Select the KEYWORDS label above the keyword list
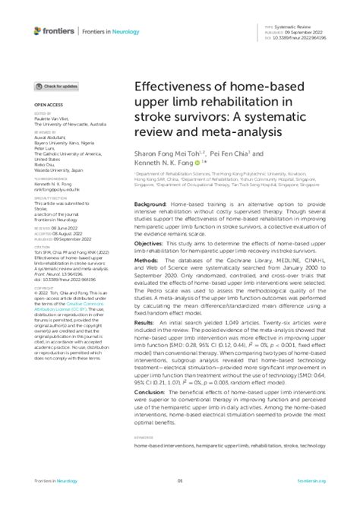coord(144,438)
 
